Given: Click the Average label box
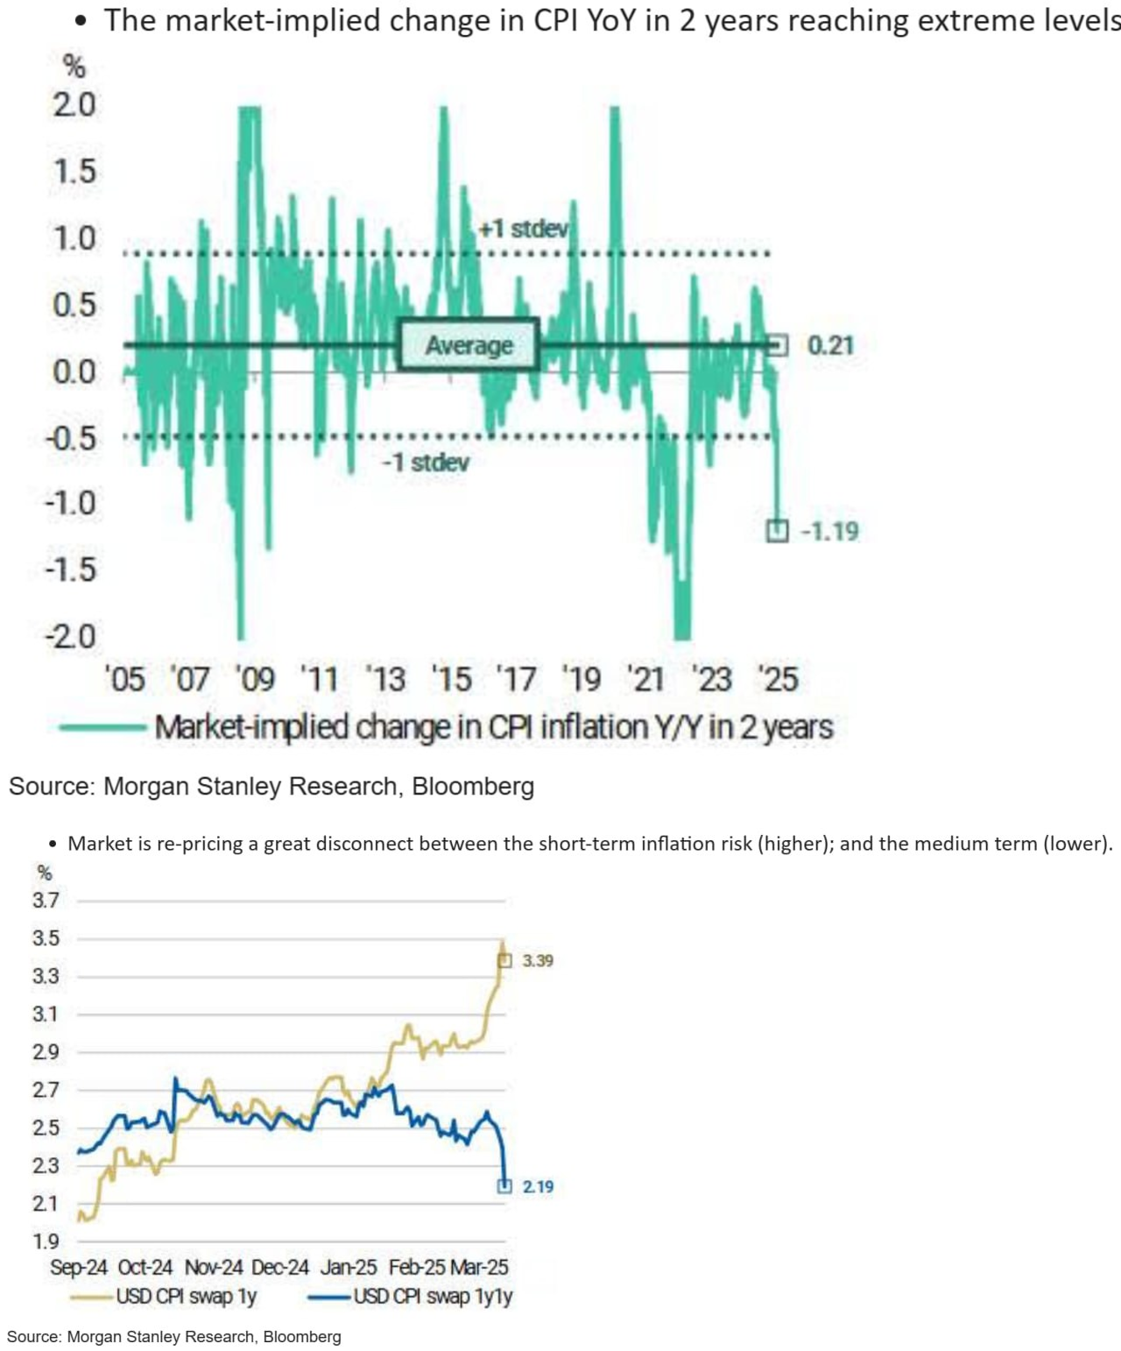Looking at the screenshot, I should click(469, 345).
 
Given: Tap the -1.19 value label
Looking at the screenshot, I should click(829, 531).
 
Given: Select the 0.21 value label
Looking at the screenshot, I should click(829, 345).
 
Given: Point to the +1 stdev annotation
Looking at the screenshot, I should click(524, 230).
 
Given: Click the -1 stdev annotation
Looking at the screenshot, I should click(426, 462).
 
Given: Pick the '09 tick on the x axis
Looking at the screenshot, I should click(255, 679).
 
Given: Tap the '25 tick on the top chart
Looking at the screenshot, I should click(778, 679).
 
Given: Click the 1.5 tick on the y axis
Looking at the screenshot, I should click(75, 172).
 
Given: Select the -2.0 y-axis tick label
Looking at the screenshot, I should click(72, 636).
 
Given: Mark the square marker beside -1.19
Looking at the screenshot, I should click(777, 531).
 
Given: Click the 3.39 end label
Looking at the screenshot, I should click(538, 961).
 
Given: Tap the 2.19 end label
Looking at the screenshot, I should click(538, 1187).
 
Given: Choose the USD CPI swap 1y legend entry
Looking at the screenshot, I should click(186, 1296).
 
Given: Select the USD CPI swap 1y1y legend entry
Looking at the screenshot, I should click(433, 1296).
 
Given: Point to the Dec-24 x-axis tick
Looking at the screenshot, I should click(280, 1268).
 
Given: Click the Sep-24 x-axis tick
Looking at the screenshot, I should click(79, 1268).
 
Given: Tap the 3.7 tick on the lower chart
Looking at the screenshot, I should click(46, 900).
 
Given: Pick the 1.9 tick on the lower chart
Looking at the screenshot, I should click(46, 1241).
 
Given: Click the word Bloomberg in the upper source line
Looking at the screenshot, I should click(473, 787).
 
